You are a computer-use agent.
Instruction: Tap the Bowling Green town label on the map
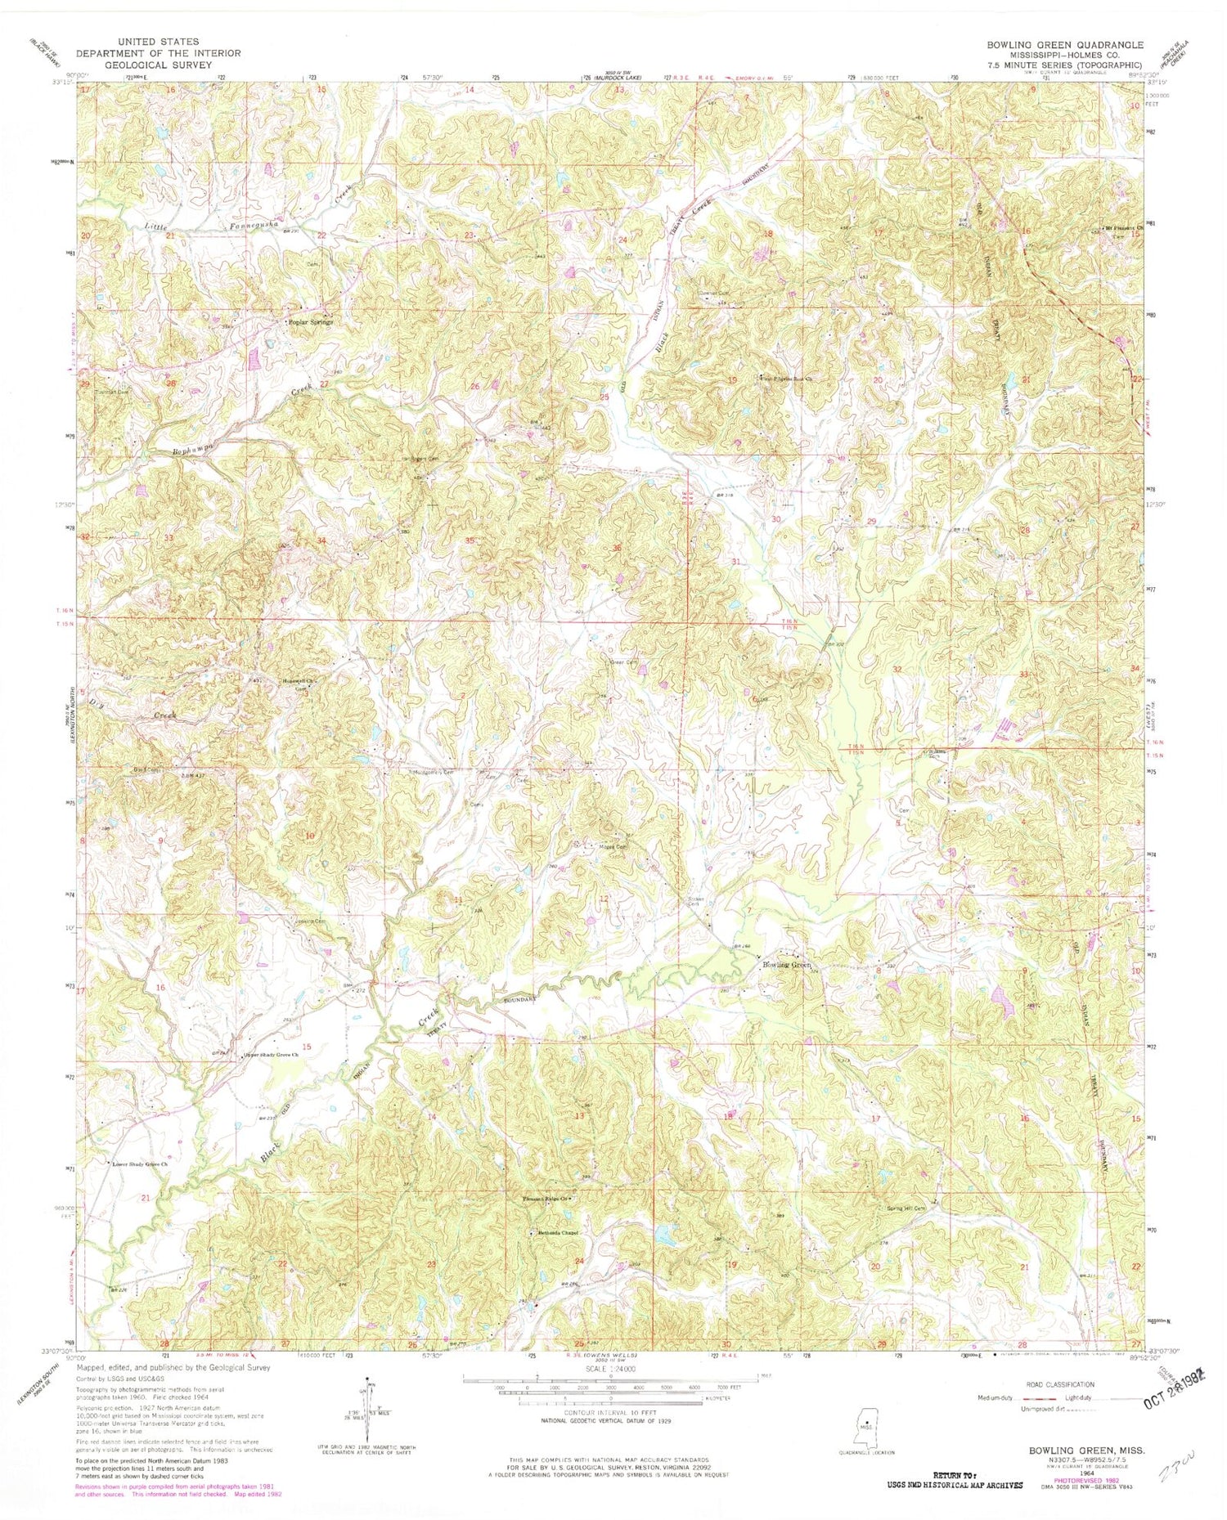(x=786, y=965)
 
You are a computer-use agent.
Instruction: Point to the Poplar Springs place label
(x=311, y=322)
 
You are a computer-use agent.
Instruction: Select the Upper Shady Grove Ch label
(x=271, y=1055)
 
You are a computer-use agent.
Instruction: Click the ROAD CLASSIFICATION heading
(x=1058, y=1384)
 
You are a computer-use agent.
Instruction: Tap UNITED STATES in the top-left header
(x=159, y=42)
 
